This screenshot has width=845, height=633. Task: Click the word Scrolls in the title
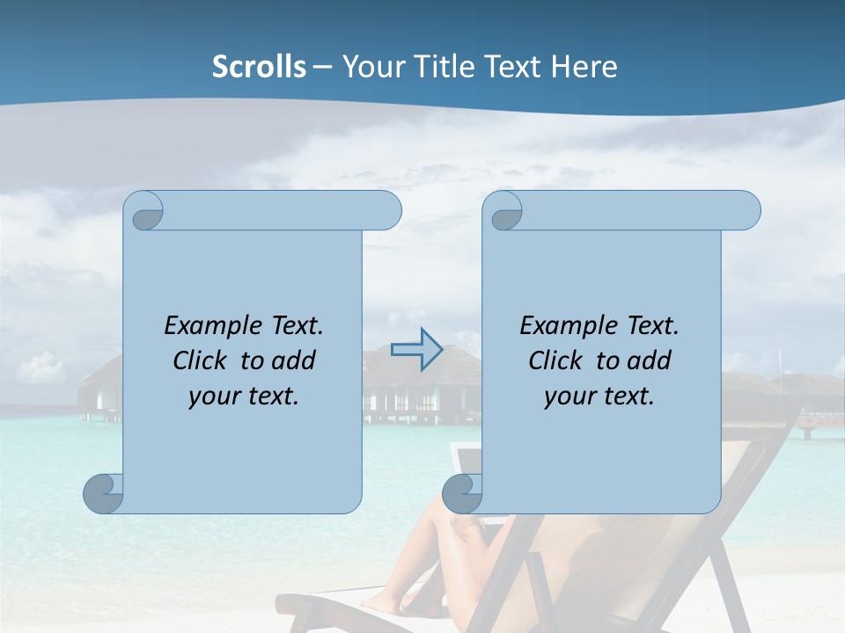coord(259,67)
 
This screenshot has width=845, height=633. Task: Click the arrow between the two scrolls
coord(416,350)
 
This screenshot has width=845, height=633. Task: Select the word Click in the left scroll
coord(202,360)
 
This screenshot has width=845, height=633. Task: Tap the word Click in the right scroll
coord(557,360)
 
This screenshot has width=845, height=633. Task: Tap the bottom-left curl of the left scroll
coord(103,493)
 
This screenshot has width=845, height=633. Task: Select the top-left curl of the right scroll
coord(504,211)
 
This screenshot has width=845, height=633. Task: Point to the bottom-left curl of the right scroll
coord(461,493)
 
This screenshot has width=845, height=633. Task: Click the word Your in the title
coord(371,67)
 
